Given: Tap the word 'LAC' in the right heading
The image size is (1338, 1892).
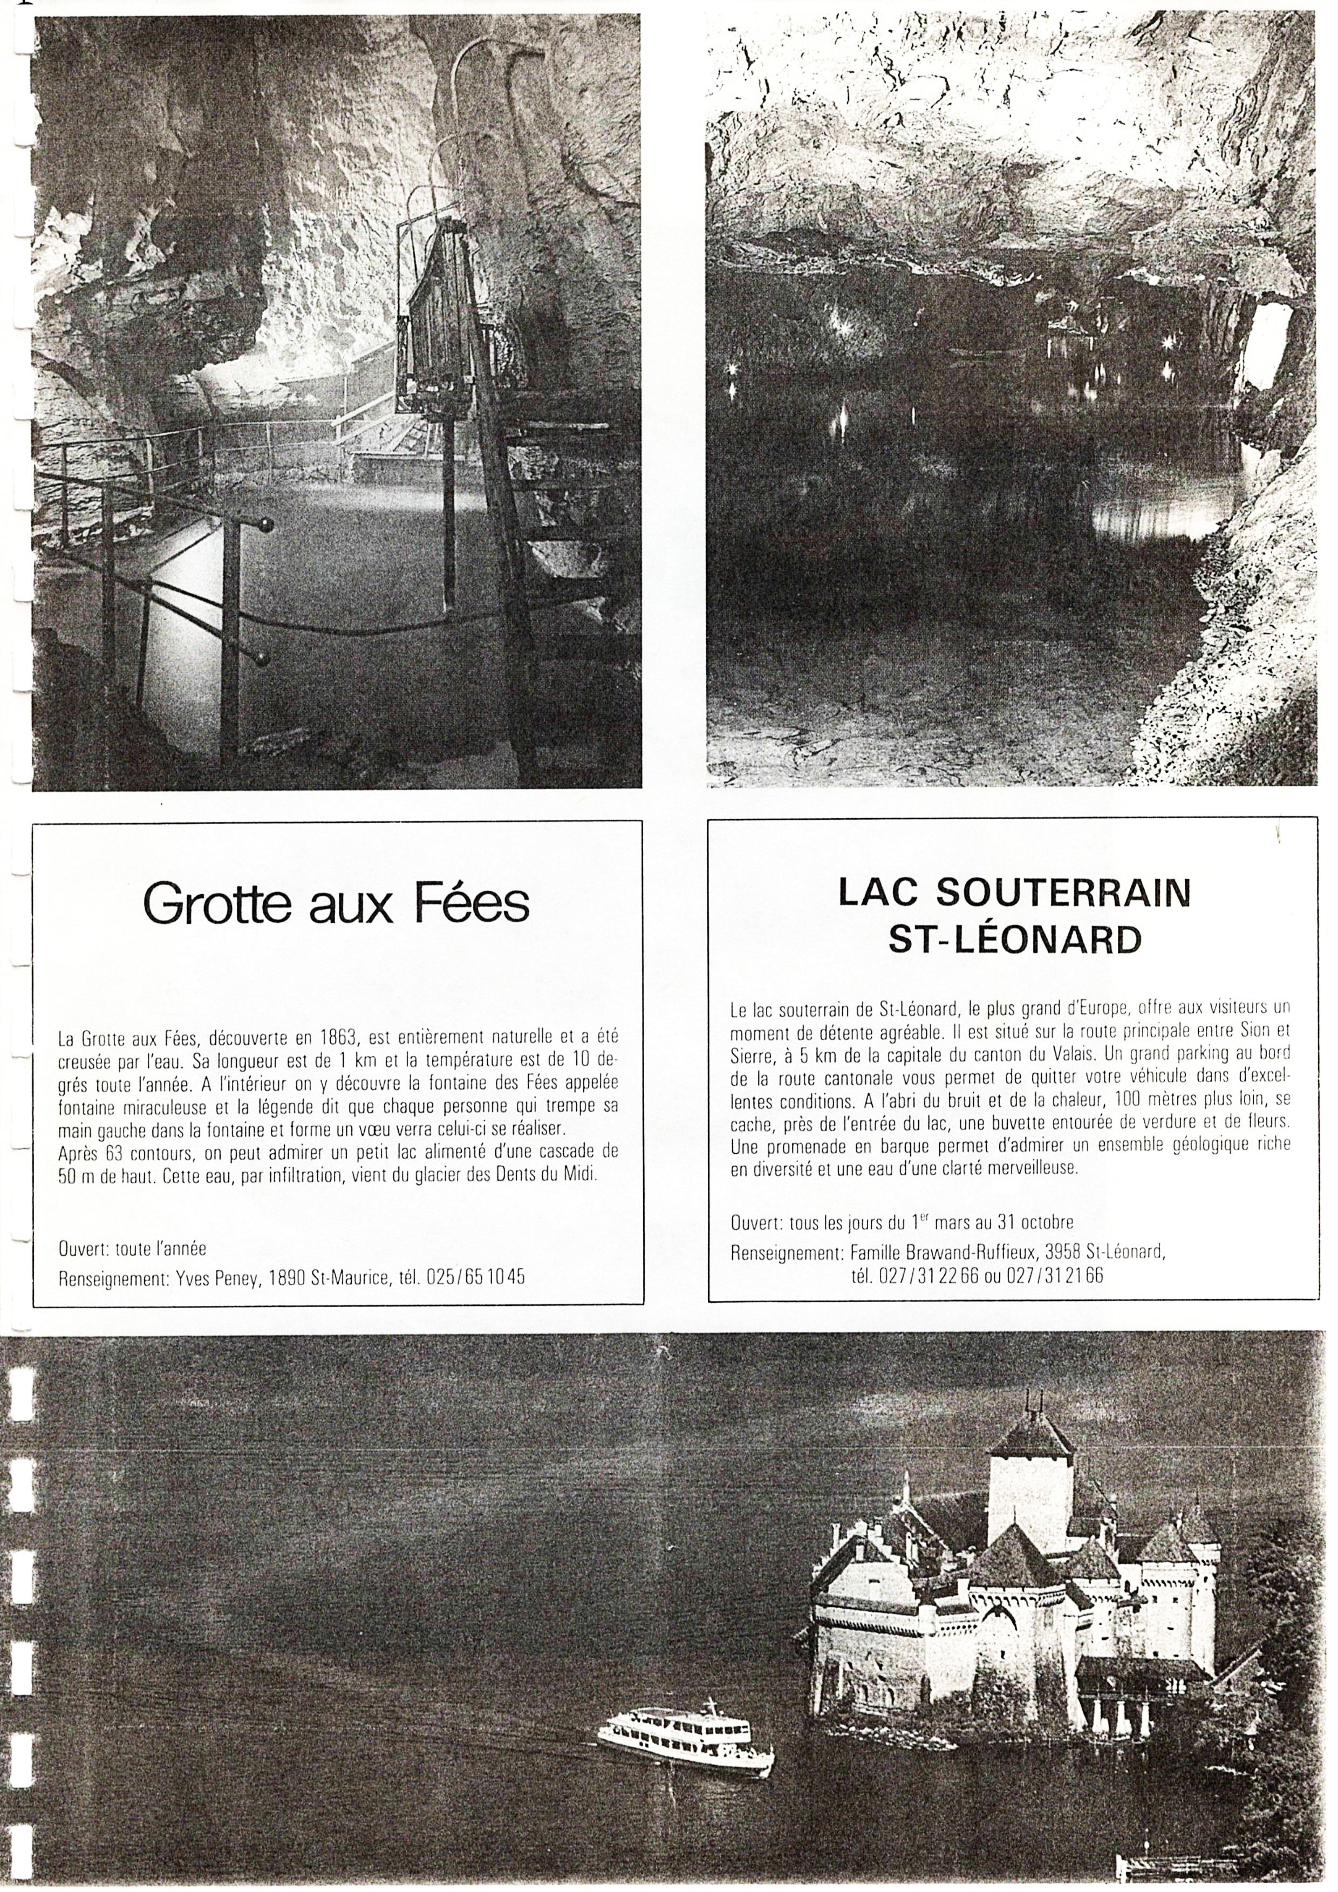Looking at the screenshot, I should click(880, 893).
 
